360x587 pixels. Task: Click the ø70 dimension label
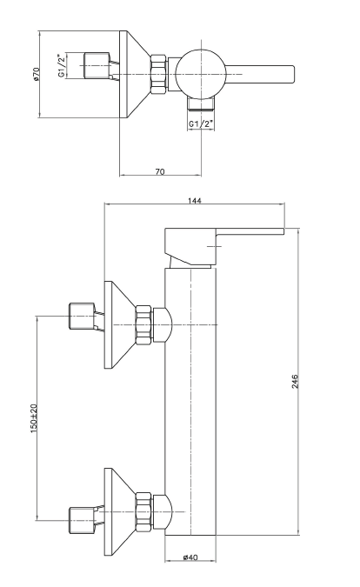tap(36, 74)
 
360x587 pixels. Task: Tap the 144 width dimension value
tap(194, 201)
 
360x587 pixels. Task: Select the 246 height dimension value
tap(295, 381)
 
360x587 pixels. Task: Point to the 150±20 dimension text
tap(34, 418)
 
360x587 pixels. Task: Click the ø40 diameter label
tap(190, 557)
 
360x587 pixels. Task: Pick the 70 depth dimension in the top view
tap(160, 172)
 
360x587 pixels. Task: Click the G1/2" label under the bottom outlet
tap(201, 123)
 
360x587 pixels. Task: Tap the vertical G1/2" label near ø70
tap(62, 66)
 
